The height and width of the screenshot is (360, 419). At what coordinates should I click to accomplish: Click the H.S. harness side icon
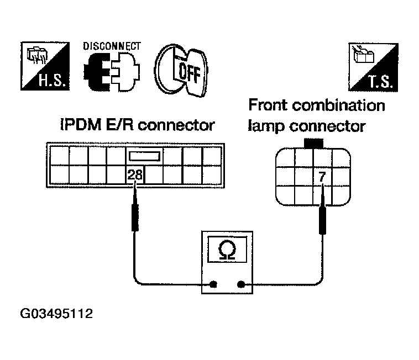(45, 66)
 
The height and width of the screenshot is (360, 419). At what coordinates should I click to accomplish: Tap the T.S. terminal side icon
(373, 67)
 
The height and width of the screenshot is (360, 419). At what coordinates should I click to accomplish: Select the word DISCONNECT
(112, 46)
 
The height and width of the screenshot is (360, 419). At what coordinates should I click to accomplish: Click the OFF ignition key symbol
(181, 70)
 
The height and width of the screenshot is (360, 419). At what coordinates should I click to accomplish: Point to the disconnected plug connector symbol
(112, 72)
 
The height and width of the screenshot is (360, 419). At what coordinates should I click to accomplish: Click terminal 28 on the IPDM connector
(135, 175)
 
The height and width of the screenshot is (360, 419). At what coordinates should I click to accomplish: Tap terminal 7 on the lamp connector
(322, 176)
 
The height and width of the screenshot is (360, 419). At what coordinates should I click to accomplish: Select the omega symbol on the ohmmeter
(227, 250)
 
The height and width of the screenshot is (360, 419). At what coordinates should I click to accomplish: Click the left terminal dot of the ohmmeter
(213, 284)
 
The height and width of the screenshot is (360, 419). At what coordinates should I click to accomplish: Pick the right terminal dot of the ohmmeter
(241, 284)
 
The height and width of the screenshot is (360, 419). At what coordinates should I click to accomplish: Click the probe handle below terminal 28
(135, 217)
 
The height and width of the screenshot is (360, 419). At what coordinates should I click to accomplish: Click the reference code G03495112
(56, 314)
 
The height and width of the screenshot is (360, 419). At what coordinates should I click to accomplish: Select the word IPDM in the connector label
(81, 125)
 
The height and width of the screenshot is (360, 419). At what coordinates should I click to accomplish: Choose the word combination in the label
(338, 105)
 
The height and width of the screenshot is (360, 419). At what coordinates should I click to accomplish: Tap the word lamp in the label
(266, 126)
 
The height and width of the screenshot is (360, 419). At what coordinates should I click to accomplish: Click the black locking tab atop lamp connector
(314, 144)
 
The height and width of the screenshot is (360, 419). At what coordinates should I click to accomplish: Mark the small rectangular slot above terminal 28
(145, 156)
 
